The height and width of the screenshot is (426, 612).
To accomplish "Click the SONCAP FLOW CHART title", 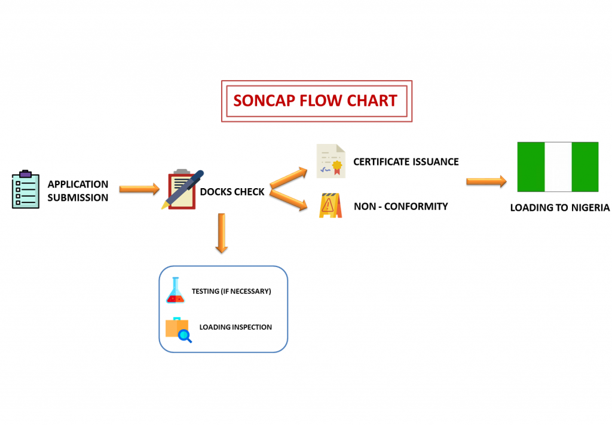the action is click(x=315, y=100).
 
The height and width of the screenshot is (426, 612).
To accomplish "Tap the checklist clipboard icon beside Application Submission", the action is click(x=26, y=189).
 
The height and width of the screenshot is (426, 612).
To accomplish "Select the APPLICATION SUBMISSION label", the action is click(x=78, y=191).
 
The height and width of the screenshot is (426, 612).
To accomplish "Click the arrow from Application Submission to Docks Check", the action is click(x=139, y=189).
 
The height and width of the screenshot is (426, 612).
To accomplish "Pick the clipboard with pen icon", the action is click(x=182, y=189).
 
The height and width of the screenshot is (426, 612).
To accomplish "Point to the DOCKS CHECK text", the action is click(x=232, y=192).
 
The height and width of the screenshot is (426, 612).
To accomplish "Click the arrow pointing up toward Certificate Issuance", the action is click(x=289, y=177).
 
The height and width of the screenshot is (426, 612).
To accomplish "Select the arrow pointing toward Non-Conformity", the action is click(x=289, y=200).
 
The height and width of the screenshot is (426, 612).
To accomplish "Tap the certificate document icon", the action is click(x=331, y=161).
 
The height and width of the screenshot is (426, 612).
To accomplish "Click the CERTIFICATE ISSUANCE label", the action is click(x=406, y=162).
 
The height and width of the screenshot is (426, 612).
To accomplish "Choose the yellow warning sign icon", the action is click(x=331, y=205).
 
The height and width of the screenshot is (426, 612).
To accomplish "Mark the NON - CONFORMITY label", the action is click(x=401, y=206).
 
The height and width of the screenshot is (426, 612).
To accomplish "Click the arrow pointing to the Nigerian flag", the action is click(x=486, y=181).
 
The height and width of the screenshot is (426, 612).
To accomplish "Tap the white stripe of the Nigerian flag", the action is click(x=558, y=167).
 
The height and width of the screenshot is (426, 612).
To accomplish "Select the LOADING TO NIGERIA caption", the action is click(x=559, y=207).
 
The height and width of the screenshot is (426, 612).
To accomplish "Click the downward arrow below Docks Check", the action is click(x=222, y=233).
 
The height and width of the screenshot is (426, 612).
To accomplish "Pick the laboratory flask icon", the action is click(x=175, y=290).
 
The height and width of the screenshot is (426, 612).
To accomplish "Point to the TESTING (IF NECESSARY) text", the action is click(x=231, y=292).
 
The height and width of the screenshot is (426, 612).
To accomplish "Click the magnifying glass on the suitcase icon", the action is click(x=185, y=336).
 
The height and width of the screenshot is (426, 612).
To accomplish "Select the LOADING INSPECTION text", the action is click(x=235, y=327).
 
